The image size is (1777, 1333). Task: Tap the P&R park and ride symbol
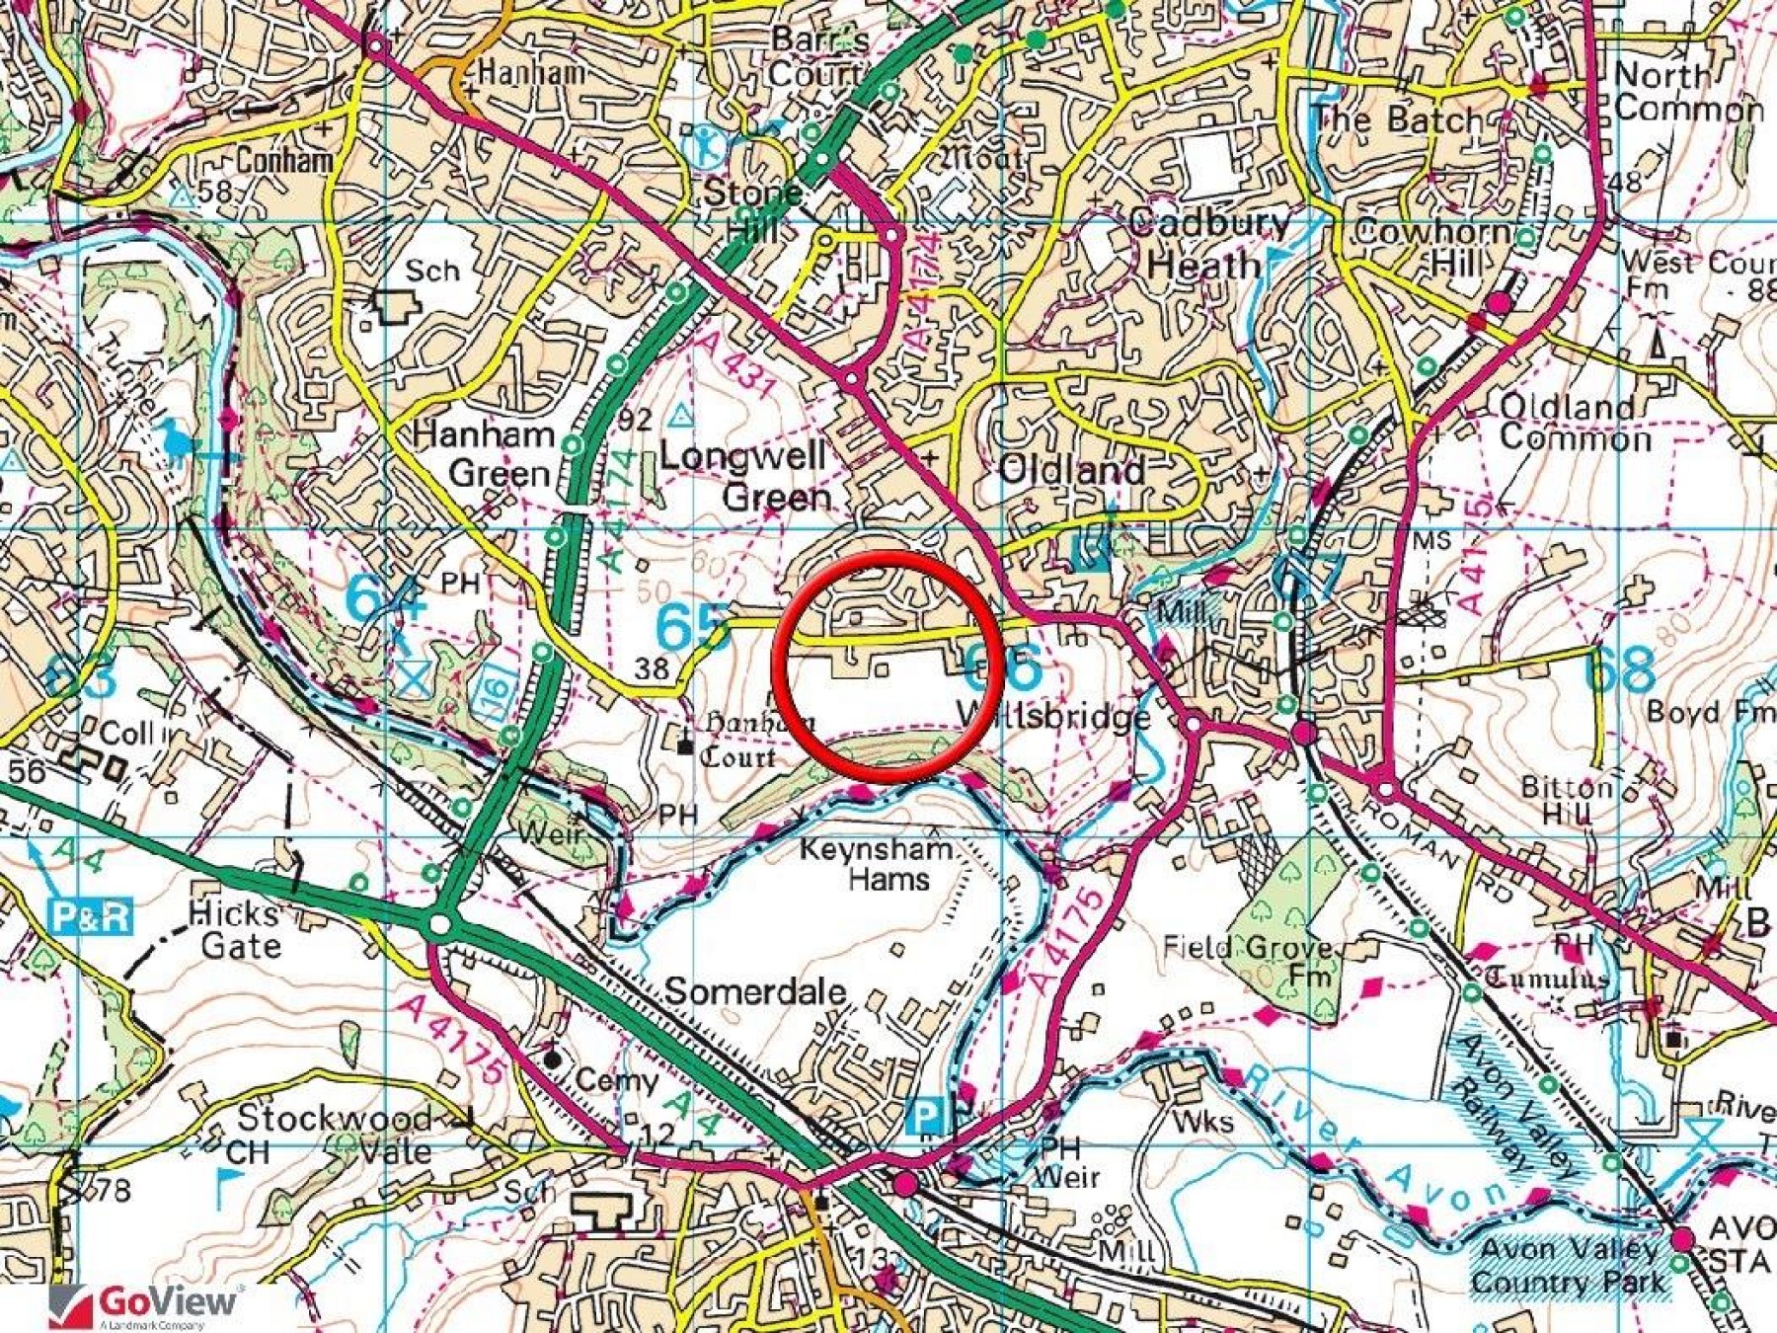pos(91,916)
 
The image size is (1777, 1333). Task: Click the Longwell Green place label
pos(745,476)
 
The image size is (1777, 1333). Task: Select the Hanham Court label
pos(750,741)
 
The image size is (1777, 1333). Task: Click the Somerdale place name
pos(755,991)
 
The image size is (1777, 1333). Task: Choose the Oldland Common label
pos(1575,422)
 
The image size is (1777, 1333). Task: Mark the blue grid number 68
pos(1619,669)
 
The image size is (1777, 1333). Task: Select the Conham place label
pos(284,160)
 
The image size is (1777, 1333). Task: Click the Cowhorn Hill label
pos(1431,247)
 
